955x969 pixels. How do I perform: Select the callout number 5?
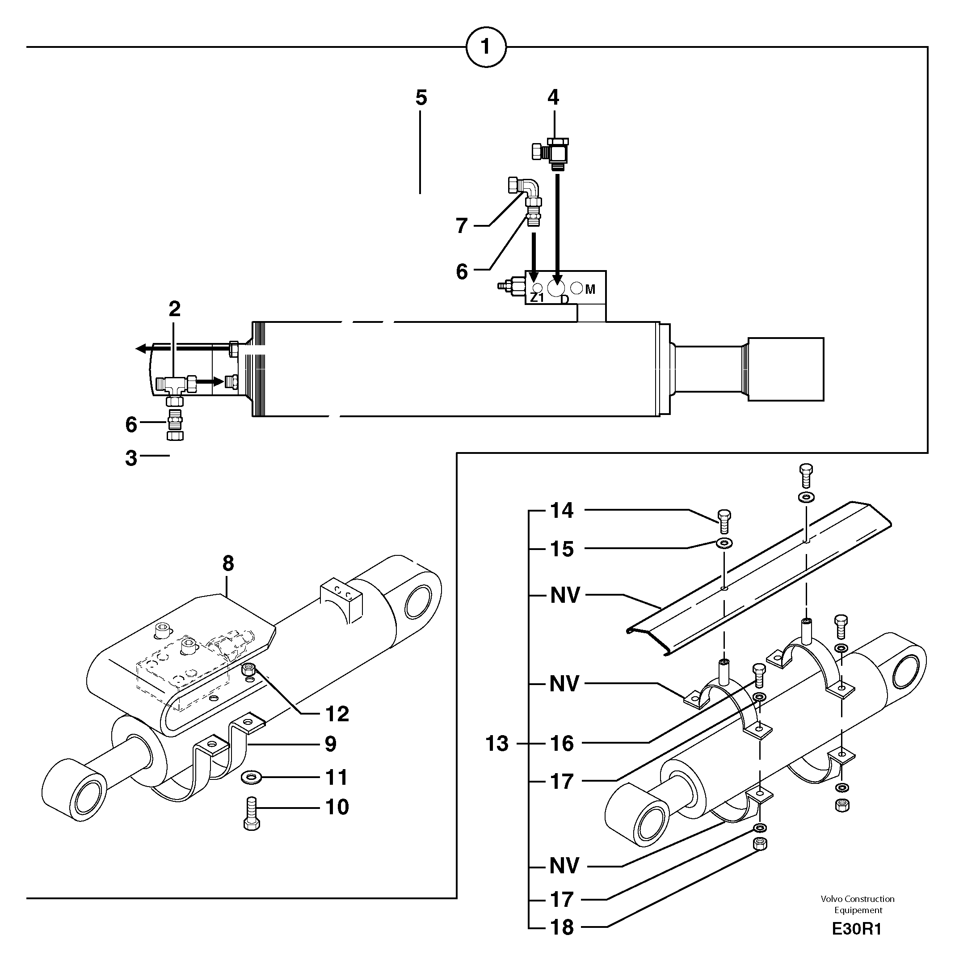point(421,98)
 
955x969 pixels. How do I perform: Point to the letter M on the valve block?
point(589,289)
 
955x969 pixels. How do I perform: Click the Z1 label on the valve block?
point(536,298)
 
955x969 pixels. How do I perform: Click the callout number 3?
point(131,458)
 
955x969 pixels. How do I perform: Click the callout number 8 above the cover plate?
point(227,564)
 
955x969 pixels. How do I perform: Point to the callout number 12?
point(337,714)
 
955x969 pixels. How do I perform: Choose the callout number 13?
point(497,744)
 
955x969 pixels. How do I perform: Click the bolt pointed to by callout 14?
point(724,522)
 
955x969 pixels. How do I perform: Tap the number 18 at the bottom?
point(561,927)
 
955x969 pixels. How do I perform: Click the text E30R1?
point(856,929)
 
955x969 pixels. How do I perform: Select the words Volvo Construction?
point(857,899)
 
